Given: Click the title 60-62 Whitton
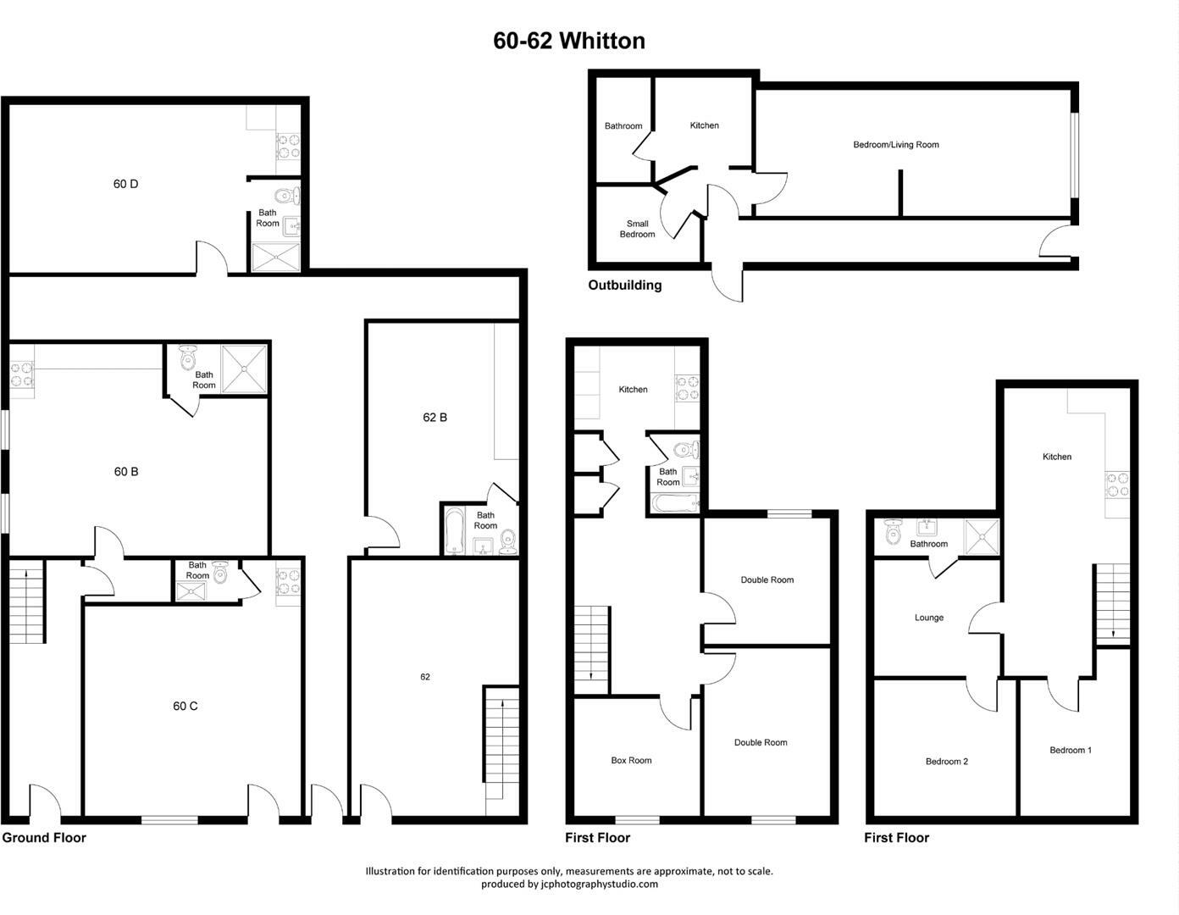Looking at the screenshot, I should point(569,41).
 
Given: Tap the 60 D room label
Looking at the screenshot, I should point(125,184).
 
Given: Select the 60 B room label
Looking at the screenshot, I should point(126,472).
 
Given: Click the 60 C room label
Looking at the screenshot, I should point(185,706).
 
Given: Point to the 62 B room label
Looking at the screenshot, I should point(435,418).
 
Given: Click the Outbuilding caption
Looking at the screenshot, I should point(625,286).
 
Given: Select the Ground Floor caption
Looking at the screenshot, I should point(44,838).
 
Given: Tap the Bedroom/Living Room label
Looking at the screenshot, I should point(895,145).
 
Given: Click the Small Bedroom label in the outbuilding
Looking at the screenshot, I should point(637,230).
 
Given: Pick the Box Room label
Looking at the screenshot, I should point(631,761).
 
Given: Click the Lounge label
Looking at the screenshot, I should point(928,618).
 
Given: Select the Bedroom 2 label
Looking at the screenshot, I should point(946,762).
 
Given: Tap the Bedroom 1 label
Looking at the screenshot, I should point(1070,750).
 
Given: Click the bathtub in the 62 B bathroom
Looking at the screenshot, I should point(454,530).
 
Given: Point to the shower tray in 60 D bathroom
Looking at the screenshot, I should point(275,258).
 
